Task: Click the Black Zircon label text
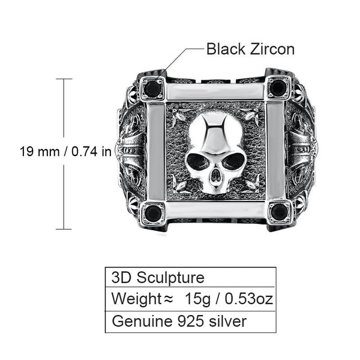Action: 250,49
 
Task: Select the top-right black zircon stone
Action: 277,88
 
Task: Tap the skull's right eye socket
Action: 233,161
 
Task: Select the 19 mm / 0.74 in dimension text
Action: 65,152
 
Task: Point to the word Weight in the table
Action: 133,299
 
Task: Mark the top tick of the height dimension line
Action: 64,79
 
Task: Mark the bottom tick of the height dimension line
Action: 64,229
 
